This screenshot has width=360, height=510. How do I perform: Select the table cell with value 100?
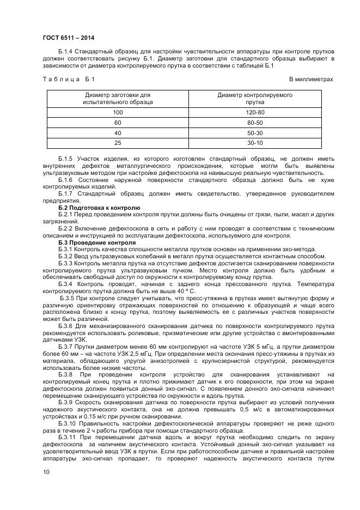pyautogui.click(x=118, y=112)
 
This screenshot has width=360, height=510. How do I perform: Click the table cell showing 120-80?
pyautogui.click(x=255, y=112)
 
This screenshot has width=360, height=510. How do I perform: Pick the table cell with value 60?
pyautogui.click(x=118, y=123)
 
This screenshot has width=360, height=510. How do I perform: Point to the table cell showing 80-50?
pyautogui.click(x=255, y=123)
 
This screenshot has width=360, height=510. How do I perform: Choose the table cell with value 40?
pyautogui.click(x=118, y=133)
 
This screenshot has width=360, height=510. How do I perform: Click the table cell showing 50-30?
pyautogui.click(x=255, y=133)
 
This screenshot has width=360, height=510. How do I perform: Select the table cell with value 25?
pyautogui.click(x=118, y=143)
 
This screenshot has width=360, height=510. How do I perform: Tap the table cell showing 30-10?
pyautogui.click(x=255, y=143)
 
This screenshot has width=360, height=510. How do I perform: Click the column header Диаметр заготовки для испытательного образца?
pyautogui.click(x=118, y=98)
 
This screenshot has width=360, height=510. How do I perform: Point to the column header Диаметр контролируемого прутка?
pyautogui.click(x=255, y=98)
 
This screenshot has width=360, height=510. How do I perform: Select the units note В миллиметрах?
pyautogui.click(x=310, y=80)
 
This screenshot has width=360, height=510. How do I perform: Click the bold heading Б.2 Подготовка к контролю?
pyautogui.click(x=99, y=208)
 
